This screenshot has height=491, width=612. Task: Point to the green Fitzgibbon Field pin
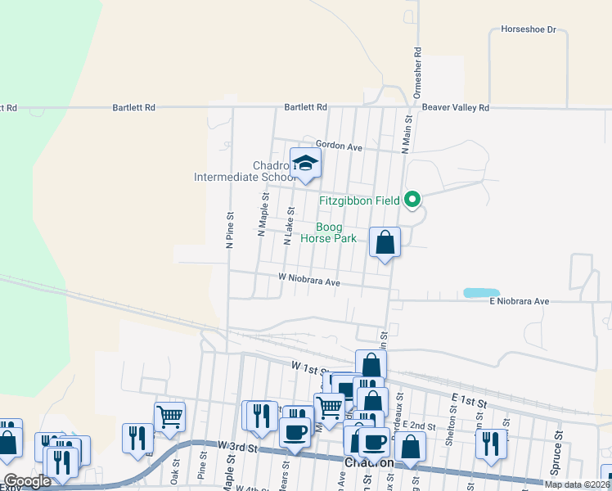pyautogui.click(x=413, y=199)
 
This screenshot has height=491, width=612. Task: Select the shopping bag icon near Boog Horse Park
pyautogui.click(x=385, y=242)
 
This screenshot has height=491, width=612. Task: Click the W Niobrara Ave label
pyautogui.click(x=308, y=281)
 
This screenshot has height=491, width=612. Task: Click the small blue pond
pyautogui.click(x=481, y=292)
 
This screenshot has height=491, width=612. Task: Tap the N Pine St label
pyautogui.click(x=231, y=230)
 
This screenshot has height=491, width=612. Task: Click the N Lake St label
pyautogui.click(x=288, y=226)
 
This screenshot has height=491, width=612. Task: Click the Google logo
pyautogui.click(x=27, y=482)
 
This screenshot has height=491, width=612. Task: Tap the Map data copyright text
pyautogui.click(x=577, y=484)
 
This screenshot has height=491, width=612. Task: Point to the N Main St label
pyautogui.click(x=404, y=133)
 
